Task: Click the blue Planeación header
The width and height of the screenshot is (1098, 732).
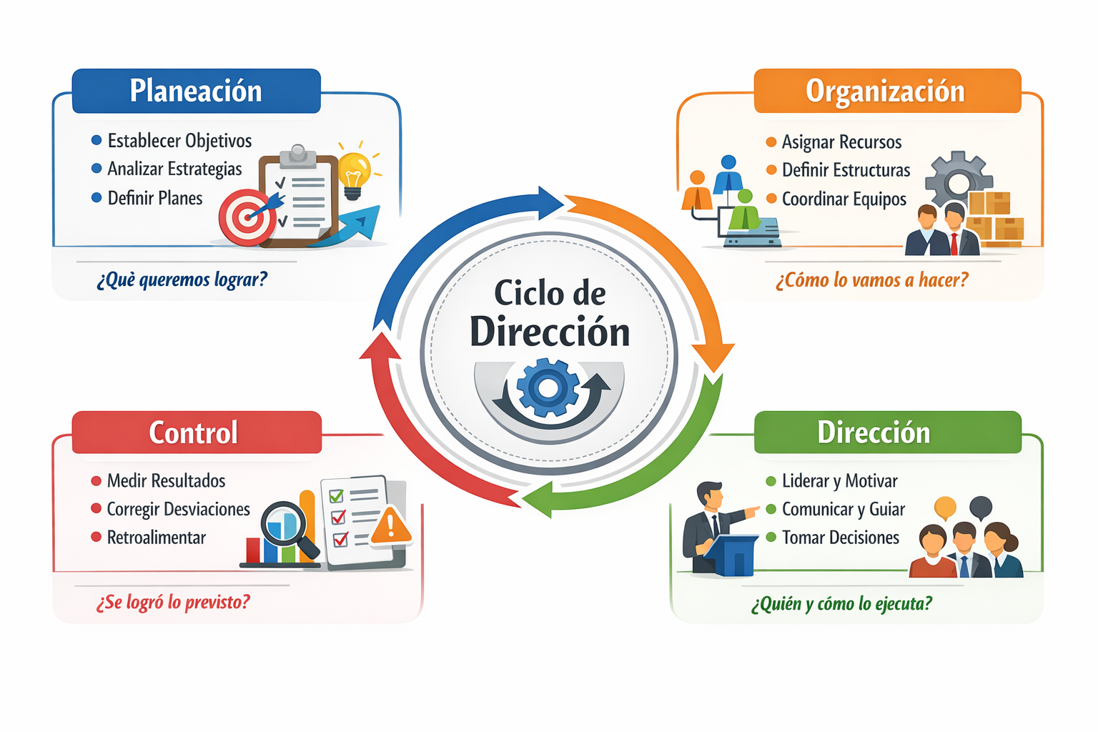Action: click(196, 91)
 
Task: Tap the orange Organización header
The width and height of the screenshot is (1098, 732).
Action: click(887, 91)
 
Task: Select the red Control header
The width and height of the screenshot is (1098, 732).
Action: click(197, 432)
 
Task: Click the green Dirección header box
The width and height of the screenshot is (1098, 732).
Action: click(888, 432)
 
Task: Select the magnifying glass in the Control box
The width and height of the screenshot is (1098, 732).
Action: click(287, 528)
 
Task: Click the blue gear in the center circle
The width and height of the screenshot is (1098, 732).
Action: click(548, 388)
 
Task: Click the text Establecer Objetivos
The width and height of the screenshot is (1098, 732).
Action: click(179, 142)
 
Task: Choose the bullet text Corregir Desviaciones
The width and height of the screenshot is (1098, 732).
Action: click(179, 509)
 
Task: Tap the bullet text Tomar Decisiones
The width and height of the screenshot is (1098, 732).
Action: click(841, 538)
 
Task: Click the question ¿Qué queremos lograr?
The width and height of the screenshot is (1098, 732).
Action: click(182, 280)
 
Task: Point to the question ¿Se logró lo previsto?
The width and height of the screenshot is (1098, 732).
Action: click(173, 602)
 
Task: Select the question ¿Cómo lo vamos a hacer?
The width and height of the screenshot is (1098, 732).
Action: click(872, 280)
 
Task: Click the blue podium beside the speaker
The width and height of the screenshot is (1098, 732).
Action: click(731, 555)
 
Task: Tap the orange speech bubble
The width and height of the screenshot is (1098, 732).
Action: click(945, 508)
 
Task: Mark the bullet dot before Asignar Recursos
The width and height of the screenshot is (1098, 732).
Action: click(771, 142)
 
